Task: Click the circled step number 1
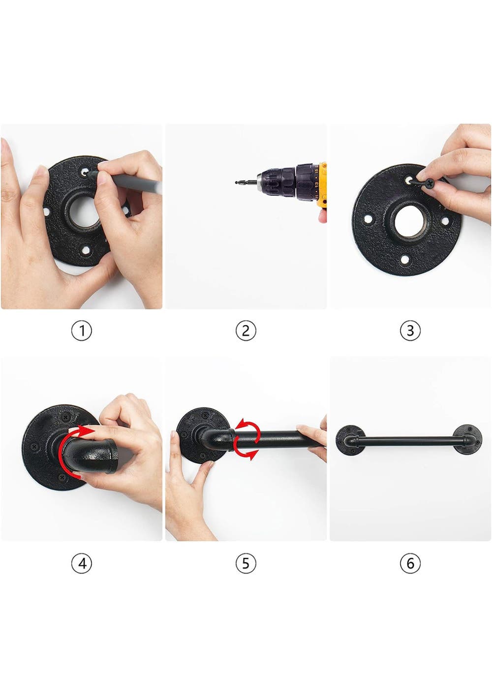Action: [x=82, y=331]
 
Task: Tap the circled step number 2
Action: [x=246, y=331]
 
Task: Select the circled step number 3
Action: [x=410, y=331]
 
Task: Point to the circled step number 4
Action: [x=82, y=563]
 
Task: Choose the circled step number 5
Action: [x=246, y=563]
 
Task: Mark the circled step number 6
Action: [x=410, y=563]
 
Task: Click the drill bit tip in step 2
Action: [x=236, y=182]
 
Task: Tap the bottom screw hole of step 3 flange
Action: [x=404, y=259]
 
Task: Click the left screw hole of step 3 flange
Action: [x=369, y=219]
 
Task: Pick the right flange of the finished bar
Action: [x=467, y=440]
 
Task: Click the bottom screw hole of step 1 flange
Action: [x=85, y=249]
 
